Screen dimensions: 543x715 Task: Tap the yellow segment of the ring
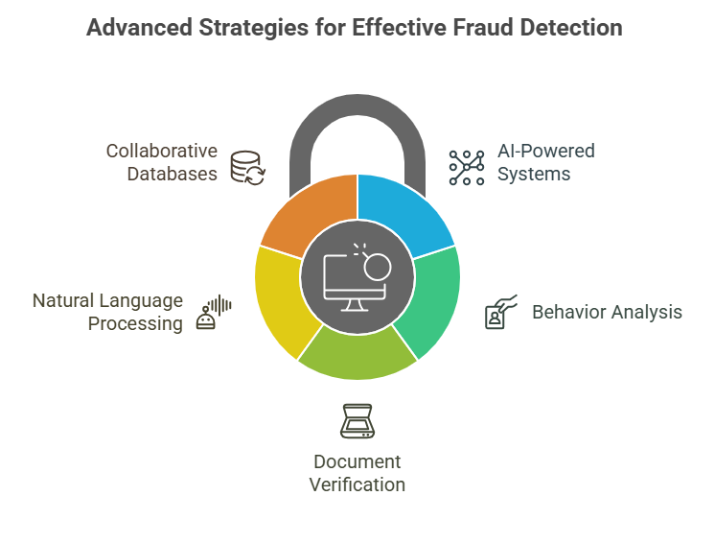click(283, 297)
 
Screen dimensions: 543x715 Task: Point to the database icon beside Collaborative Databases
click(248, 165)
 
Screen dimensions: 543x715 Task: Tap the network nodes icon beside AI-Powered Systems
click(467, 165)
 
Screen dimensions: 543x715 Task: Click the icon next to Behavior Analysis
click(500, 313)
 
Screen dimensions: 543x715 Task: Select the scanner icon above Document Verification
click(357, 422)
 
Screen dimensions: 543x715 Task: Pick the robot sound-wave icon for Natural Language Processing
click(214, 313)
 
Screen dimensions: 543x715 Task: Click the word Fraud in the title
click(465, 27)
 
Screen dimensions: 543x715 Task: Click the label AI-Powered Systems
click(544, 163)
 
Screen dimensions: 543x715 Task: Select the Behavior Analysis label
click(607, 312)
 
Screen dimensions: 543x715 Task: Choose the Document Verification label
click(357, 473)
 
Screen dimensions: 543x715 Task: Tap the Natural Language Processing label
click(107, 312)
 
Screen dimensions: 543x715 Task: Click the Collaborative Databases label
click(161, 162)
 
